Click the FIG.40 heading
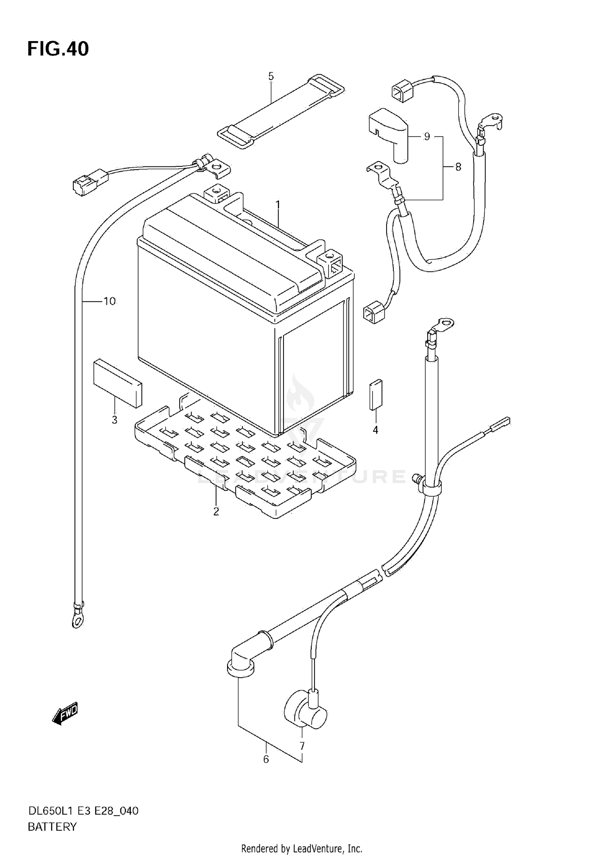(58, 49)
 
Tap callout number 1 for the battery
(278, 205)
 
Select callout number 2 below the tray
(216, 512)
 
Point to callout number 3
(114, 420)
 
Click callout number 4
(375, 430)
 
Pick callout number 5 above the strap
(271, 76)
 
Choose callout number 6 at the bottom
(266, 759)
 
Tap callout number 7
(302, 746)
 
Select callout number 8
(458, 167)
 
